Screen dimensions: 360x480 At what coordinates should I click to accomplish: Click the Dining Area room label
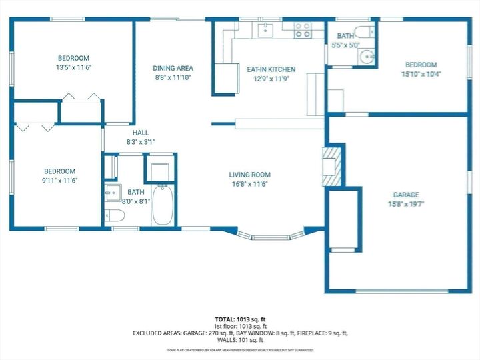click(x=173, y=68)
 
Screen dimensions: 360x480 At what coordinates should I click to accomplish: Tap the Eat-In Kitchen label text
click(x=271, y=69)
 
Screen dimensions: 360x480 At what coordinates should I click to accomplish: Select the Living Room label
click(x=250, y=175)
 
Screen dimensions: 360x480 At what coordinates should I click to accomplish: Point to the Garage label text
click(x=405, y=195)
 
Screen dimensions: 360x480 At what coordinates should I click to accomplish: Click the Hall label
click(x=140, y=133)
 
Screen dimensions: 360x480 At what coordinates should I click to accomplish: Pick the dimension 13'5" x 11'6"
click(x=73, y=67)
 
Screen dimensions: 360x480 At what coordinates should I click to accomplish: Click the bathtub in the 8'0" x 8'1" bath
click(x=163, y=205)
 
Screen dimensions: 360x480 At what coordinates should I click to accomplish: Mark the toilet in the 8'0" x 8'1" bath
click(x=115, y=215)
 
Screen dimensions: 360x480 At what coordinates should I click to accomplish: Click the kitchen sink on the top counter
click(x=265, y=28)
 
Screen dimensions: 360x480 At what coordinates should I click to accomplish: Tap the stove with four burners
click(x=303, y=29)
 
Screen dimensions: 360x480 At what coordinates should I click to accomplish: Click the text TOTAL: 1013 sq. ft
click(x=240, y=319)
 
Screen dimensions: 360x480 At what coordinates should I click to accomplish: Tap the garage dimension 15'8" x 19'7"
click(x=405, y=204)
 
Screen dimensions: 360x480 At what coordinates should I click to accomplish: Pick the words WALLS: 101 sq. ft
click(x=240, y=339)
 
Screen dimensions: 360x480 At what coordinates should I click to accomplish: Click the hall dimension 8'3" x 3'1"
click(x=140, y=142)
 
